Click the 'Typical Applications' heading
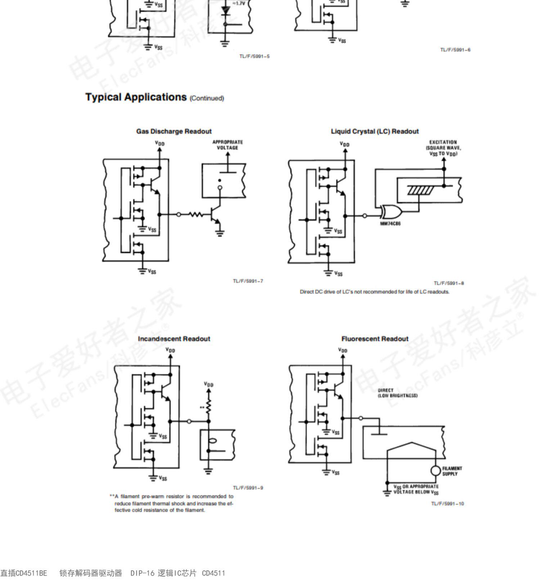click(x=136, y=97)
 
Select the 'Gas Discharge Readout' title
click(x=174, y=131)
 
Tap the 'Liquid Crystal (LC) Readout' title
click(x=374, y=131)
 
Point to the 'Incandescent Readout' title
click(x=174, y=339)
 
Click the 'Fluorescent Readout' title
click(x=374, y=339)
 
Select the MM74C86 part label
click(x=390, y=224)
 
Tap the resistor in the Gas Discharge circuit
click(x=196, y=215)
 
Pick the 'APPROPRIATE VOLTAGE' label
click(x=228, y=145)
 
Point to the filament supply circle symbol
click(x=436, y=471)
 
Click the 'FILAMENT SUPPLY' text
click(x=452, y=471)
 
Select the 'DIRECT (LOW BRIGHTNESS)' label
click(x=397, y=393)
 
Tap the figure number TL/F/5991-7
click(x=248, y=281)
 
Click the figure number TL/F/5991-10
click(x=447, y=504)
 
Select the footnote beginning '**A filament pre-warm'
click(x=172, y=503)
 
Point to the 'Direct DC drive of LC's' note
click(x=374, y=292)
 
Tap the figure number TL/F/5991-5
click(x=254, y=57)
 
